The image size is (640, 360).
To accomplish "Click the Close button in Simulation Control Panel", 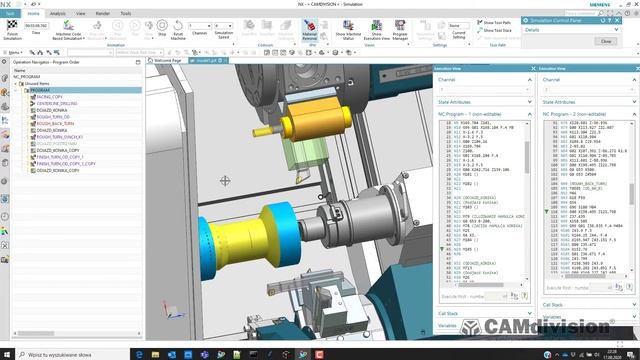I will tap(606, 41).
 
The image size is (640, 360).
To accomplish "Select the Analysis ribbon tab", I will tap(58, 14).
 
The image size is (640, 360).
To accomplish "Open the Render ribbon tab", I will tap(103, 14).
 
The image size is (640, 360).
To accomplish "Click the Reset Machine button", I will tap(179, 32).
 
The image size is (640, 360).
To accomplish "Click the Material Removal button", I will tap(310, 32).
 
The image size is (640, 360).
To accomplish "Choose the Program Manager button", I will tap(400, 33).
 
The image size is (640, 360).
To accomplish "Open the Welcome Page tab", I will tap(167, 60).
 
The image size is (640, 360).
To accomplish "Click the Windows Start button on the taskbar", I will tap(7, 353).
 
